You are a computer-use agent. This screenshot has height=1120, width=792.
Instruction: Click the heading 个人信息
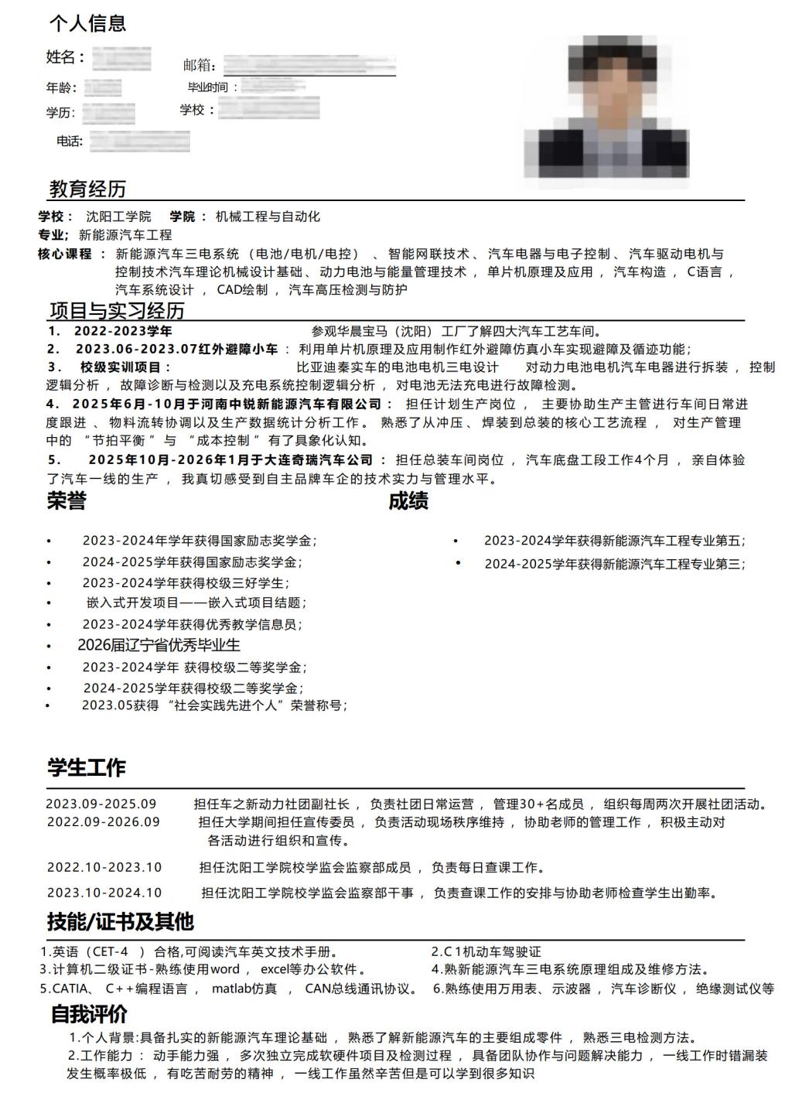(87, 23)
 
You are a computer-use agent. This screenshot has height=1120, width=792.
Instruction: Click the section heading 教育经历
(87, 189)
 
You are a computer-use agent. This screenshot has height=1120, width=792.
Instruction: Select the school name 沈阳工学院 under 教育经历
(118, 217)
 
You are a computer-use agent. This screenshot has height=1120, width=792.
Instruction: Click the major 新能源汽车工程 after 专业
(125, 235)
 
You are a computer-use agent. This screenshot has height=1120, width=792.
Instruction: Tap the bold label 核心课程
(65, 254)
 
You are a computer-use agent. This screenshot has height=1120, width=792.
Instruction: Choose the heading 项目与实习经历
(117, 311)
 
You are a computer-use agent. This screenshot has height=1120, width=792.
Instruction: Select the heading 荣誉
(67, 501)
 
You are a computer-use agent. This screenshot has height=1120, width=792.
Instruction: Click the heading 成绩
(408, 501)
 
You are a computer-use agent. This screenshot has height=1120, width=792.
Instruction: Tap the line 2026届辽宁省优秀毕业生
(159, 644)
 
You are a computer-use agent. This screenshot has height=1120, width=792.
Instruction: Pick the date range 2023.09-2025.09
(101, 804)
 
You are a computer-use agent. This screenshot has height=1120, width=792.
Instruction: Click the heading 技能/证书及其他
(121, 921)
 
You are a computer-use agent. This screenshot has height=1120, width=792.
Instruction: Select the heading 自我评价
(89, 1014)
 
